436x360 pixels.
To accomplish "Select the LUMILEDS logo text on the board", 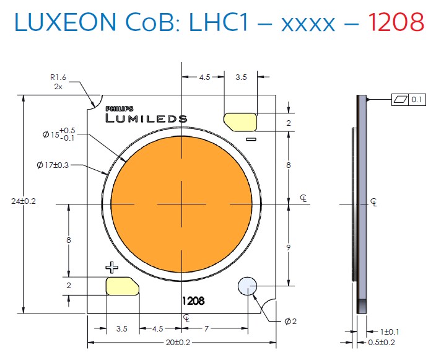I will [146, 118].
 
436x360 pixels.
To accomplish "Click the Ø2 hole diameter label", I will [290, 321].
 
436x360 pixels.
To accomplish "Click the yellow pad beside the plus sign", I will [123, 286].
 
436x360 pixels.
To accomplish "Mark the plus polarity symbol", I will [112, 268].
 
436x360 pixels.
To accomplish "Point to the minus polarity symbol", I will [251, 139].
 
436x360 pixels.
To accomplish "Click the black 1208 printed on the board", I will [193, 302].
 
